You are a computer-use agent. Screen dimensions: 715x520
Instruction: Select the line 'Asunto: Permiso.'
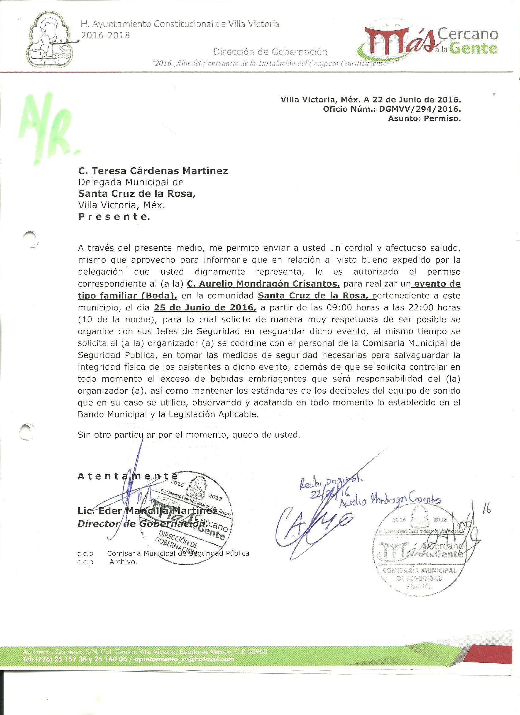(425, 119)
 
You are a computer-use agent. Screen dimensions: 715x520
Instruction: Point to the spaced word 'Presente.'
(114, 217)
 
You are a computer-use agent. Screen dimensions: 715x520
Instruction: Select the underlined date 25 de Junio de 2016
(205, 307)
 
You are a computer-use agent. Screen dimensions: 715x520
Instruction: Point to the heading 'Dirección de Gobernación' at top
(270, 52)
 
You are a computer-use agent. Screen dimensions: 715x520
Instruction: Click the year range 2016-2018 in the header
(105, 35)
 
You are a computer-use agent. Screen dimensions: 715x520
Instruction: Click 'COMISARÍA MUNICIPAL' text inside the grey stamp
(419, 570)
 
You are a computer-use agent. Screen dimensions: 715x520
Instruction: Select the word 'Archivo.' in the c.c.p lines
(123, 562)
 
